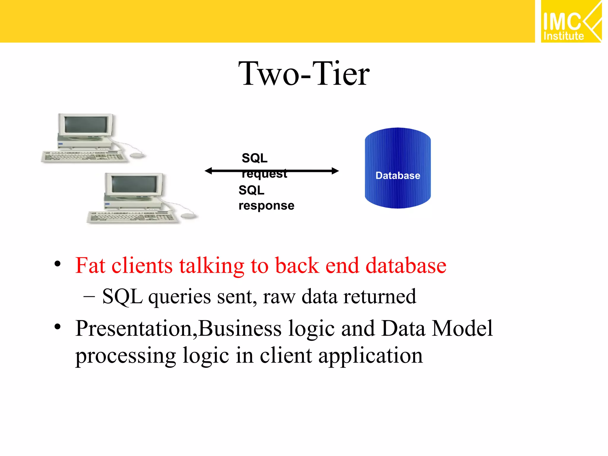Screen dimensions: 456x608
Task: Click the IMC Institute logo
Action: pyautogui.click(x=571, y=21)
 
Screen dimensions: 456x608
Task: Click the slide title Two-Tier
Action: pyautogui.click(x=304, y=74)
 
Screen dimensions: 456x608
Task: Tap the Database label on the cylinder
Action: pyautogui.click(x=398, y=175)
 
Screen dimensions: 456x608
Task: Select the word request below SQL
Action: pyautogui.click(x=264, y=174)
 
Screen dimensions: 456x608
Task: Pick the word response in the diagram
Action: pyautogui.click(x=266, y=205)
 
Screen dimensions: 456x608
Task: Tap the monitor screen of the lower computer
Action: pyautogui.click(x=134, y=184)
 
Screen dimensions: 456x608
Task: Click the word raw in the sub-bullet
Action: pyautogui.click(x=279, y=297)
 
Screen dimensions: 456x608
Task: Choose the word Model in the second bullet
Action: pyautogui.click(x=462, y=329)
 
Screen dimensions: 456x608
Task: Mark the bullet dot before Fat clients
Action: pyautogui.click(x=58, y=264)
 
